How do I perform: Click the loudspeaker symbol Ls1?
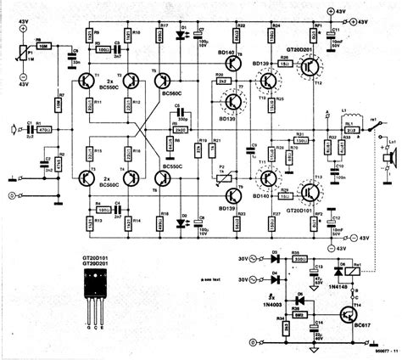click(x=385, y=158)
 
